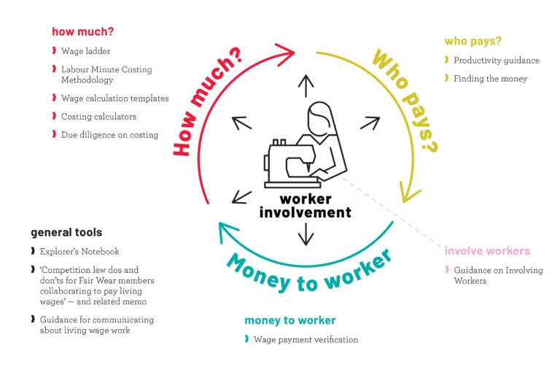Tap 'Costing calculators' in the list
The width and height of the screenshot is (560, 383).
(98, 117)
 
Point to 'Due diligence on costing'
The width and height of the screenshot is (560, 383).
(109, 135)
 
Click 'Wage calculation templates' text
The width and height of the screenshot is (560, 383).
(114, 98)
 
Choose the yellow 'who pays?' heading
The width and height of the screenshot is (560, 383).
(472, 42)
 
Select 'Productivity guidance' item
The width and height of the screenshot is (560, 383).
(496, 61)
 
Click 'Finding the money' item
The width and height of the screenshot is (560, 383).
(490, 79)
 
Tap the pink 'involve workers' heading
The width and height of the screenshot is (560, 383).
(487, 251)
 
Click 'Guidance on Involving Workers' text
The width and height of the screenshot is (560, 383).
(498, 275)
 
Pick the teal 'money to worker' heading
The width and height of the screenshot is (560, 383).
(289, 320)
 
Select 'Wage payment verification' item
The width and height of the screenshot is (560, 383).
(306, 339)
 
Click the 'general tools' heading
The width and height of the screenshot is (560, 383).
(66, 233)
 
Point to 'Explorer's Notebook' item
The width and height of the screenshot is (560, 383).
(79, 252)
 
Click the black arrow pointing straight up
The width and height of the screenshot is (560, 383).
(306, 85)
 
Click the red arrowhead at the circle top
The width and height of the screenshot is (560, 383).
(289, 50)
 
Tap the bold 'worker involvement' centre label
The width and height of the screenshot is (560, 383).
(305, 206)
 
